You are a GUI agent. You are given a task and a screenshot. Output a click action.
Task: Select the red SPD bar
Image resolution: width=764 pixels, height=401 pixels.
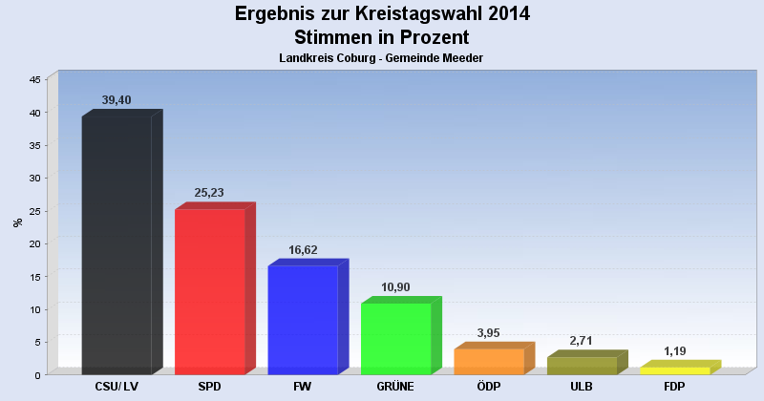pyautogui.click(x=210, y=291)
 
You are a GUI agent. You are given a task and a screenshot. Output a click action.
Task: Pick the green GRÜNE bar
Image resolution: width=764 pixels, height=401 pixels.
pyautogui.click(x=395, y=338)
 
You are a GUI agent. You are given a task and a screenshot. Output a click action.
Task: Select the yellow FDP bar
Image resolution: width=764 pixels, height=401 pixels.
pyautogui.click(x=674, y=370)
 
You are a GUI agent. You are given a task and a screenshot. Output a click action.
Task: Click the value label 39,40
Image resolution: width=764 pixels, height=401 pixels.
pyautogui.click(x=117, y=100)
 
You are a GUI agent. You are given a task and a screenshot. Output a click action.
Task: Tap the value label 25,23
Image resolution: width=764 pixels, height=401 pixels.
pyautogui.click(x=209, y=193)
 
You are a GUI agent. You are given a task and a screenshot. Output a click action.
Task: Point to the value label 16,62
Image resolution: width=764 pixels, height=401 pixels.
pyautogui.click(x=303, y=249)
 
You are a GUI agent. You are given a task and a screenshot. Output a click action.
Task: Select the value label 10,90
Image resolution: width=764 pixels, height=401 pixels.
pyautogui.click(x=395, y=286)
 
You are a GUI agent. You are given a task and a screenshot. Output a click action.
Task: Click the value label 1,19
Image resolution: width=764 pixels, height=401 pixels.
pyautogui.click(x=674, y=350)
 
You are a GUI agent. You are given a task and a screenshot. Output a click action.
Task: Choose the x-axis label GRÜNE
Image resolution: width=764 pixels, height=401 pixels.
pyautogui.click(x=395, y=386)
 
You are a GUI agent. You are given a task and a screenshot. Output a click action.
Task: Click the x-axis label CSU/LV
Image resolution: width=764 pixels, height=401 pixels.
pyautogui.click(x=117, y=386)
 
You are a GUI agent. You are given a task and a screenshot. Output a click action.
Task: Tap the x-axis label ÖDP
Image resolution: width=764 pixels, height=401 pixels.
pyautogui.click(x=489, y=386)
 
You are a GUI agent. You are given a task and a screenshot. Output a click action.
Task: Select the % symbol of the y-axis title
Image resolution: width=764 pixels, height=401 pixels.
pyautogui.click(x=18, y=223)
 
